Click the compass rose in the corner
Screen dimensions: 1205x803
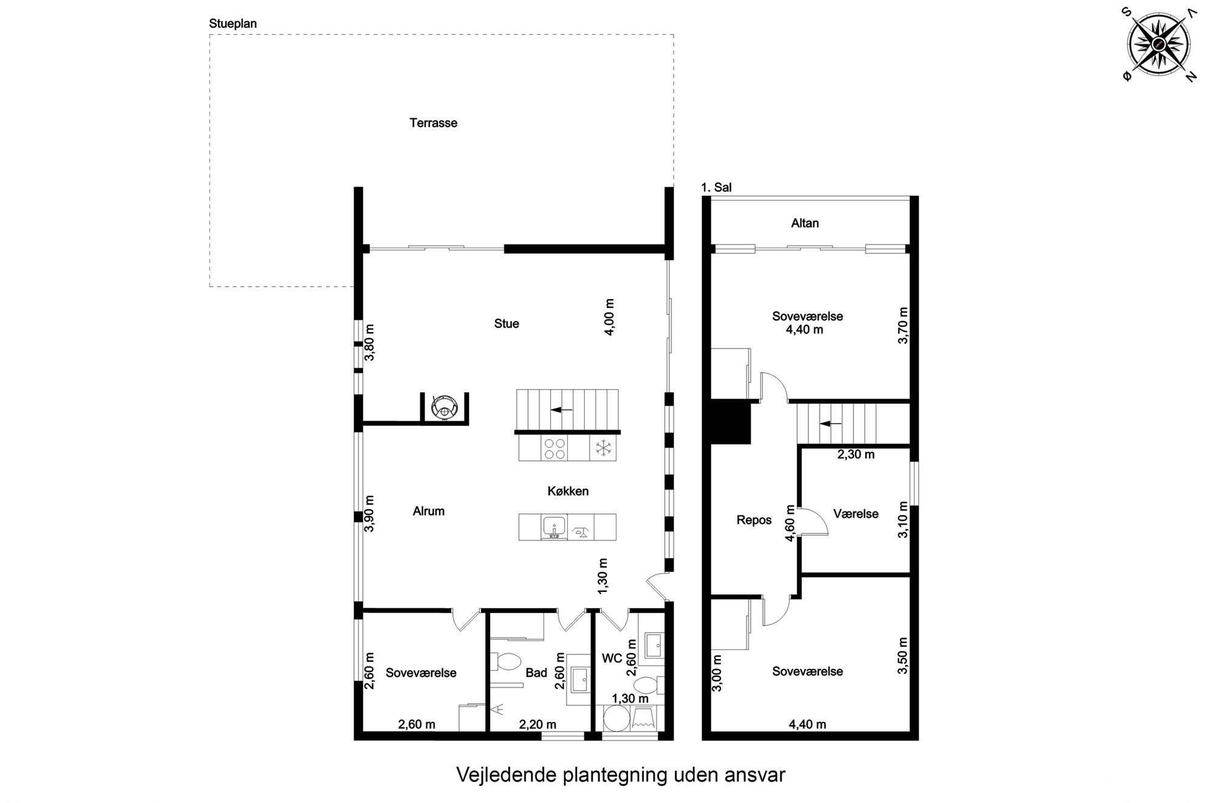(x=1158, y=44)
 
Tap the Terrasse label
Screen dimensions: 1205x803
(x=433, y=123)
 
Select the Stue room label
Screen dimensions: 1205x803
(x=507, y=324)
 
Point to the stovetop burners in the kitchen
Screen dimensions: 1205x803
(x=555, y=448)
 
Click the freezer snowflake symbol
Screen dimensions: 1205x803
(x=602, y=448)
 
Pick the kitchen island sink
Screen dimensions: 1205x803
(x=554, y=527)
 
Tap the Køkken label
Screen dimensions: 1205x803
(x=568, y=491)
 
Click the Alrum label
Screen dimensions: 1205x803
(x=429, y=511)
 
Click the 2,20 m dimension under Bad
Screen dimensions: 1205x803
(x=538, y=724)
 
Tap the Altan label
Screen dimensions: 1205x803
(x=805, y=223)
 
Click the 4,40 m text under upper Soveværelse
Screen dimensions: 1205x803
(x=805, y=330)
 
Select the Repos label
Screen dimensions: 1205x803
(x=754, y=520)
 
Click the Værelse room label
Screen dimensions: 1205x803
(x=856, y=514)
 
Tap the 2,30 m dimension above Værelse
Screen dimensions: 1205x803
(x=856, y=454)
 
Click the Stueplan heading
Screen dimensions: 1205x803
(x=233, y=24)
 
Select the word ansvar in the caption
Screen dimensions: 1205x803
(x=755, y=775)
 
